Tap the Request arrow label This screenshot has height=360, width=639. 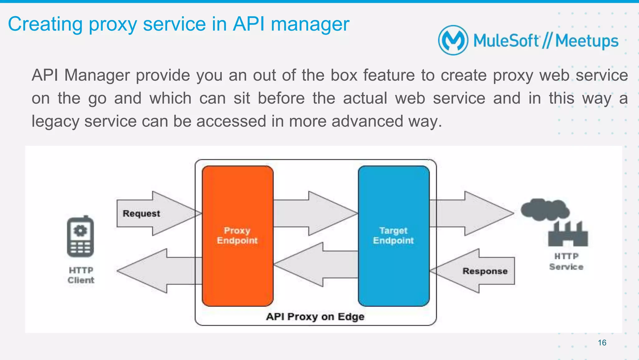click(x=141, y=214)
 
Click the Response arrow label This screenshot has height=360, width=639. click(x=485, y=271)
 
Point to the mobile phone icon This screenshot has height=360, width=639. click(x=80, y=237)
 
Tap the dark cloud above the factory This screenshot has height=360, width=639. click(x=544, y=209)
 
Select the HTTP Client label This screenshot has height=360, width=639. click(x=81, y=275)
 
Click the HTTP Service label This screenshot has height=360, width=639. click(x=566, y=262)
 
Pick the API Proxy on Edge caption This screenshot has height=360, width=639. click(x=315, y=317)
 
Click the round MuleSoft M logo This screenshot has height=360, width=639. click(x=453, y=40)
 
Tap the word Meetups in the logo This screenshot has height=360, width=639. click(x=587, y=41)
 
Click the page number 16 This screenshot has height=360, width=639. click(x=602, y=343)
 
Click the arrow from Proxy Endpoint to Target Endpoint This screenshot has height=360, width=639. click(x=315, y=214)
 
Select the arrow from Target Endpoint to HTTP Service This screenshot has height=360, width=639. click(x=471, y=214)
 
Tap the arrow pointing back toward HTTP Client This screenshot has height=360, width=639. click(x=156, y=271)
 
